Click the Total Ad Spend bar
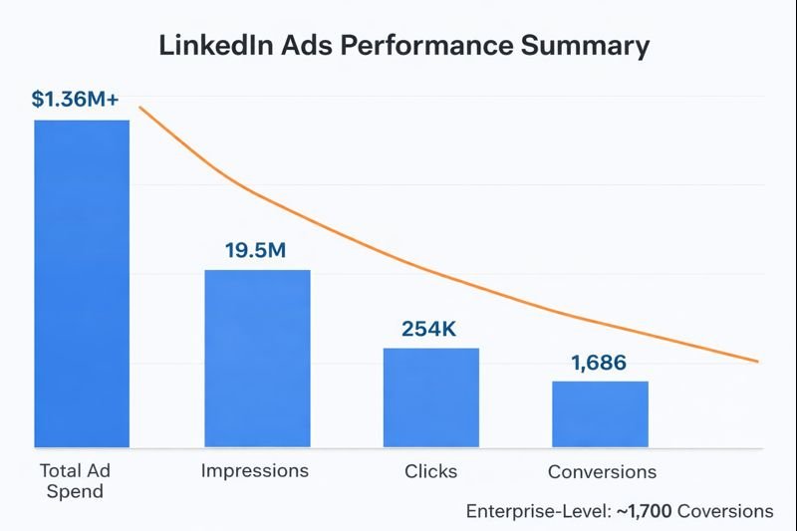82,283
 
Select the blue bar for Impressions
257,358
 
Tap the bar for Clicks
431,397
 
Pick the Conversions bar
601,413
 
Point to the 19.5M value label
255,250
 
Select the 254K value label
429,329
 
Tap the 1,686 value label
599,363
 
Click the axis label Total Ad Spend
74,480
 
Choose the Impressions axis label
255,470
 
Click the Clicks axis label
431,470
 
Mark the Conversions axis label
603,471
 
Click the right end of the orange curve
757,360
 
